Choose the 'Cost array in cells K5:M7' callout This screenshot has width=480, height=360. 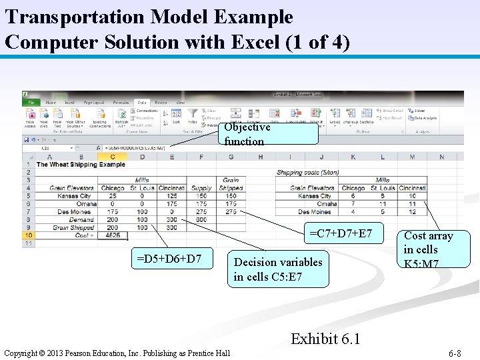428,249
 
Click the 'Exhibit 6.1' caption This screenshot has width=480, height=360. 325,339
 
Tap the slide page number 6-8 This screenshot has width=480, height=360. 455,353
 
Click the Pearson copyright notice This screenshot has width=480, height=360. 117,353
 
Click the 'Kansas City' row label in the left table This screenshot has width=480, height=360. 75,196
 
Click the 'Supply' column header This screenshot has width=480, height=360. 201,188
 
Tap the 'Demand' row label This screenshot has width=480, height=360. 81,219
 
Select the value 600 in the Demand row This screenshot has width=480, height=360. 201,219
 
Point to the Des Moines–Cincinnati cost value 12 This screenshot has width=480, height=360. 412,212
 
